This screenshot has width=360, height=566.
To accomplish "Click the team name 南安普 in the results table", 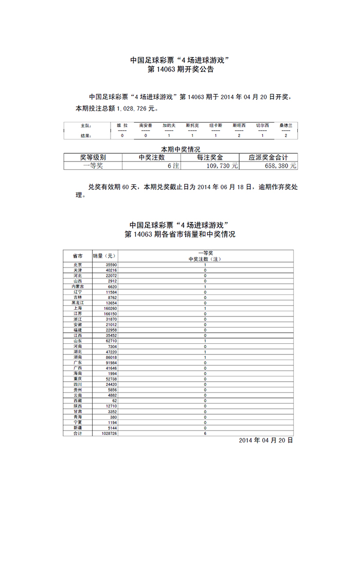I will [x=146, y=125].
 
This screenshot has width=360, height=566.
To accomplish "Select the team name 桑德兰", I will [x=285, y=125].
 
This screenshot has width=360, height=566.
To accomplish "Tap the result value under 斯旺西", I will [x=239, y=135].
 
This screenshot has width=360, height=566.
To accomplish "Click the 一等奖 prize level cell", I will [x=93, y=166].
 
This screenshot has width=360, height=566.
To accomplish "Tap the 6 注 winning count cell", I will [x=173, y=166].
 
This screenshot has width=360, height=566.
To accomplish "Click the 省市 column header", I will [x=77, y=256].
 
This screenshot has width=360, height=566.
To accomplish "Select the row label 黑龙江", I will [x=77, y=303].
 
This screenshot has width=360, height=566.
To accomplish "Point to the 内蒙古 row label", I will [x=77, y=286].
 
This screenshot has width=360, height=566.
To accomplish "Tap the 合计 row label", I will [x=77, y=433].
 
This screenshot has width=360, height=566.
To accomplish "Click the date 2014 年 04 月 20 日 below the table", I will [x=266, y=441].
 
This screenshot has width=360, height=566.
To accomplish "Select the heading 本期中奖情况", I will [x=180, y=149].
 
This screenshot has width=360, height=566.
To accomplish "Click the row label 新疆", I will [x=77, y=428].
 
